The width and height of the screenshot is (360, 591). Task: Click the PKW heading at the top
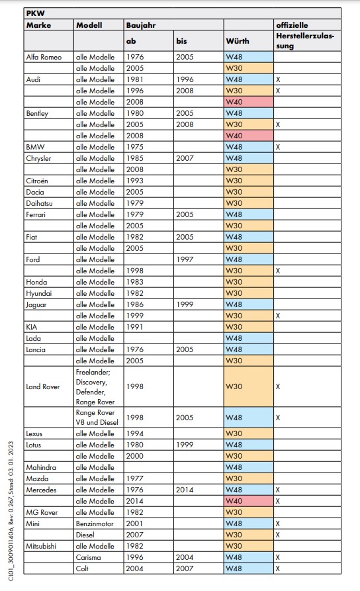pyautogui.click(x=36, y=13)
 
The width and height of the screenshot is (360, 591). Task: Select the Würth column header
pyautogui.click(x=238, y=41)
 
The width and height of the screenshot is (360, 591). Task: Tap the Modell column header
pyautogui.click(x=89, y=25)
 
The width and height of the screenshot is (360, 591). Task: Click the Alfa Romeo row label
pyautogui.click(x=44, y=57)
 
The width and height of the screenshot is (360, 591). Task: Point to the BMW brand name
pyautogui.click(x=35, y=147)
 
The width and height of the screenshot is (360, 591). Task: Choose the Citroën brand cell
pyautogui.click(x=37, y=181)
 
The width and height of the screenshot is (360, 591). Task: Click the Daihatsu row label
pyautogui.click(x=39, y=204)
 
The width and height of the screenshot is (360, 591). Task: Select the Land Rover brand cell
pyautogui.click(x=42, y=386)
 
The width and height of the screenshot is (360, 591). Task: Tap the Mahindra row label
pyautogui.click(x=41, y=467)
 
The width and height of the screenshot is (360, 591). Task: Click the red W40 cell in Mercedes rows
pyautogui.click(x=248, y=501)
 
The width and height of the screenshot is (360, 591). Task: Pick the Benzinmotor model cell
pyautogui.click(x=95, y=523)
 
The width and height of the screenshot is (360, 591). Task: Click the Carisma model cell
pyautogui.click(x=88, y=557)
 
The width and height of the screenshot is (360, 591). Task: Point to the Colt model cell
pyautogui.click(x=82, y=568)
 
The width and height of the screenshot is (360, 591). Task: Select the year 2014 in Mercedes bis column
pyautogui.click(x=185, y=490)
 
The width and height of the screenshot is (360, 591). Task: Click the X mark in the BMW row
pyautogui.click(x=278, y=147)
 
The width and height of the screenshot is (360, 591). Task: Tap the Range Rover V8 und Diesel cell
pyautogui.click(x=97, y=418)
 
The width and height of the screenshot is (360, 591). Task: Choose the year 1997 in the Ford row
pyautogui.click(x=185, y=259)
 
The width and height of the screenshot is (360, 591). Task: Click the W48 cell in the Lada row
pyautogui.click(x=248, y=338)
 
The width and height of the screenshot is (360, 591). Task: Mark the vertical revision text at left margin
pyautogui.click(x=11, y=512)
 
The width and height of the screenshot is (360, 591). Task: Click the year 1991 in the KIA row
pyautogui.click(x=134, y=327)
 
